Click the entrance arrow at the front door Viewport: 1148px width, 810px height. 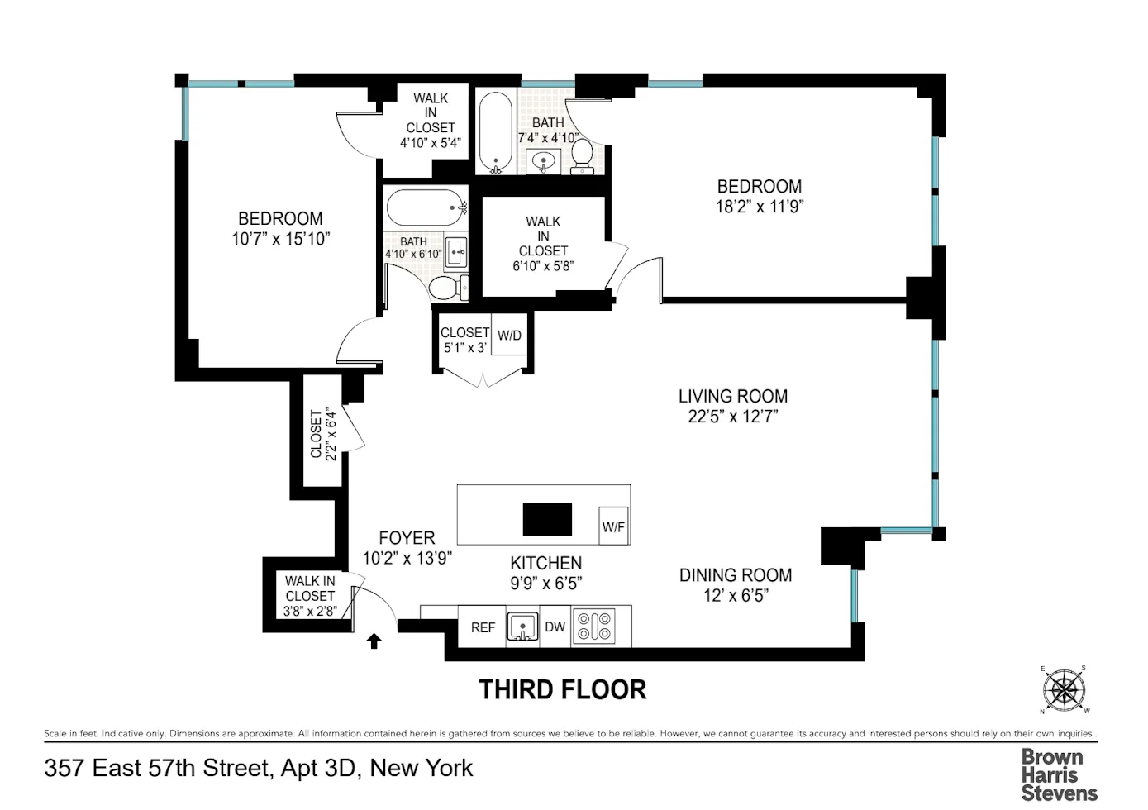[374, 641]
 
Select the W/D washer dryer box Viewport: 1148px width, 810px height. [509, 335]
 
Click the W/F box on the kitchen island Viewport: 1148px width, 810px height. [613, 526]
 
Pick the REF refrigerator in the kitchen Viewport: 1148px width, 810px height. [483, 627]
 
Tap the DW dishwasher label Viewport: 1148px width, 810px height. [555, 627]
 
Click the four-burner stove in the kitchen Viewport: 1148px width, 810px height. [595, 627]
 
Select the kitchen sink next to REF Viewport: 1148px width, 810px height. [522, 627]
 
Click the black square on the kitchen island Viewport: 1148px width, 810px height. [547, 519]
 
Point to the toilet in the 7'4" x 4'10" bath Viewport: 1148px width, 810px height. [583, 155]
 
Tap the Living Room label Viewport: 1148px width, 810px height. [733, 396]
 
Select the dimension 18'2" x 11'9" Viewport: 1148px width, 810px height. [759, 207]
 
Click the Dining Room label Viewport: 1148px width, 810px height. [736, 574]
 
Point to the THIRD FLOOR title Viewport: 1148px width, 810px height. [563, 689]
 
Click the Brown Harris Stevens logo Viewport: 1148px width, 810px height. [1059, 774]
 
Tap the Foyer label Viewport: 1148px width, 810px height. [407, 537]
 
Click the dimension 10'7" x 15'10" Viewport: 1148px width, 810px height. [281, 239]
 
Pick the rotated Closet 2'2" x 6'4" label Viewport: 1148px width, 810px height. [323, 433]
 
